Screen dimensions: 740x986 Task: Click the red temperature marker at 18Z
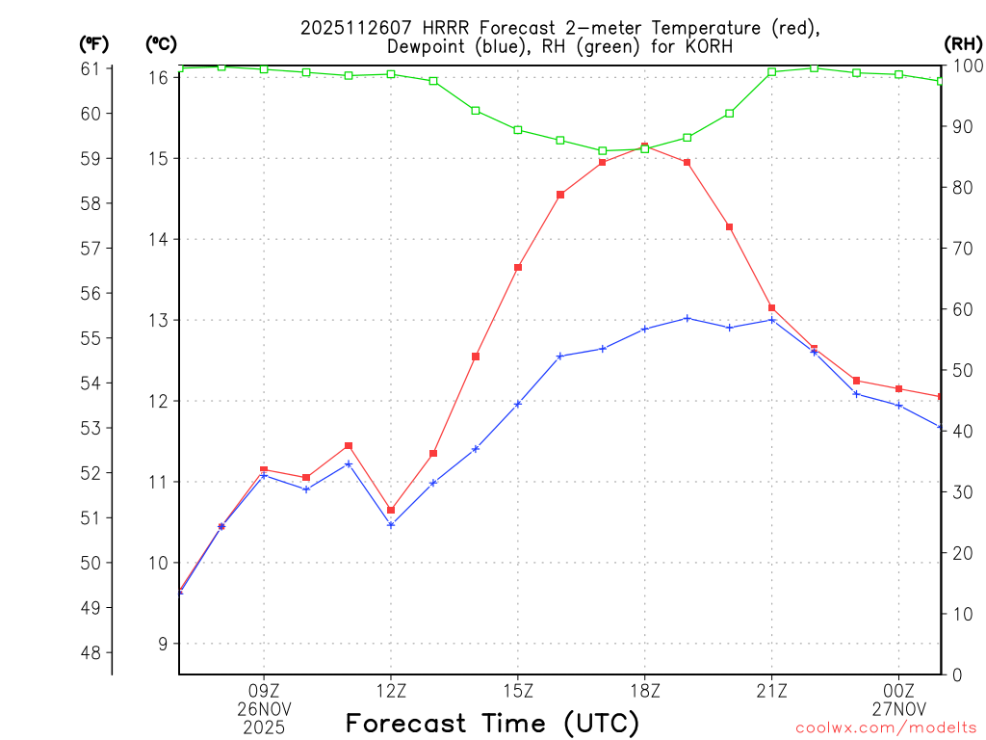(x=644, y=146)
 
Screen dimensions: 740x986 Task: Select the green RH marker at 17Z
(x=603, y=151)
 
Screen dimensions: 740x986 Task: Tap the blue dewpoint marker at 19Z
(x=687, y=318)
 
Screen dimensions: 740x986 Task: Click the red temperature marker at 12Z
(x=391, y=510)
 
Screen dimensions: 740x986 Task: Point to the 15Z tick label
(x=518, y=690)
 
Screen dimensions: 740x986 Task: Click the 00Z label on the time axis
(x=898, y=690)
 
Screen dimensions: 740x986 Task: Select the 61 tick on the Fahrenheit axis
(x=91, y=68)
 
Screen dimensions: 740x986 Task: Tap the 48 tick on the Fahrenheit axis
(x=91, y=652)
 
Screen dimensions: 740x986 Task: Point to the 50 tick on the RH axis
(x=960, y=371)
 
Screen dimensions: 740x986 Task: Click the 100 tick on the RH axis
(x=964, y=66)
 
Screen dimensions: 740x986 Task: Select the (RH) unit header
(x=963, y=43)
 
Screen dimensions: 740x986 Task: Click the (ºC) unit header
(x=162, y=43)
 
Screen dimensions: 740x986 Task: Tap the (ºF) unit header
(x=94, y=43)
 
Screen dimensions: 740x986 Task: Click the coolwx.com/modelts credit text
(x=886, y=727)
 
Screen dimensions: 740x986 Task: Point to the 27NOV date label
(x=898, y=708)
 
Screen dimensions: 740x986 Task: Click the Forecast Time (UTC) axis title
(x=492, y=723)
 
